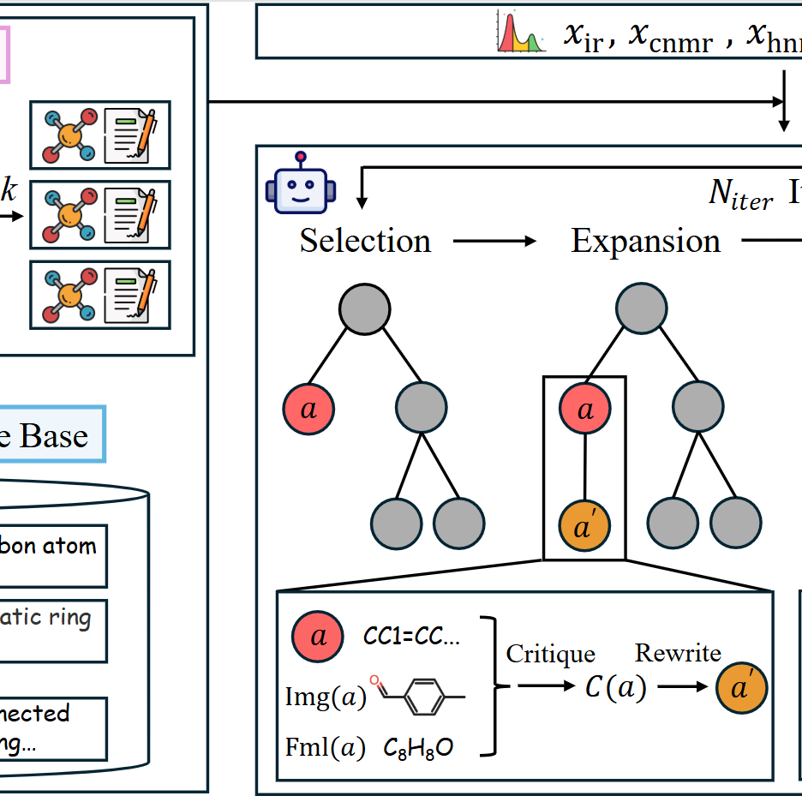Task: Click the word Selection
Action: [365, 241]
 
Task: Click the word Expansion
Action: [645, 241]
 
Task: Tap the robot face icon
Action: [300, 183]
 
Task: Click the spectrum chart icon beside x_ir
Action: [522, 33]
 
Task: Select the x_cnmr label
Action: [670, 37]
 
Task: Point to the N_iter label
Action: [740, 195]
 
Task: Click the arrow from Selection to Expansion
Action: [494, 242]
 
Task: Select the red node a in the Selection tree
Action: [308, 409]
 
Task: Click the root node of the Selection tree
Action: [364, 308]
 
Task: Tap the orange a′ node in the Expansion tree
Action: [585, 522]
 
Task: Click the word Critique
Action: [550, 654]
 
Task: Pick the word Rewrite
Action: [678, 653]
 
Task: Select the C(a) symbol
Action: [615, 688]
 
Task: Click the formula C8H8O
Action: [419, 748]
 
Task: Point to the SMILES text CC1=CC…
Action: [413, 637]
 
